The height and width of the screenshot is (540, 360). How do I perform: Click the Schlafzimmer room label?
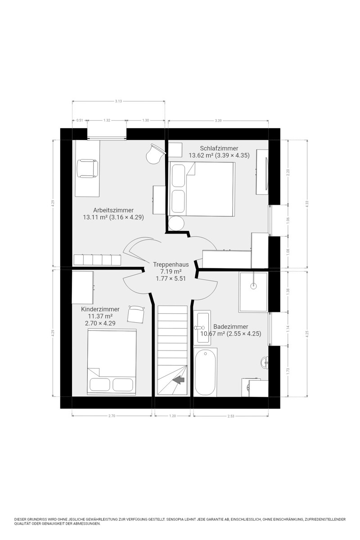[x=219, y=148]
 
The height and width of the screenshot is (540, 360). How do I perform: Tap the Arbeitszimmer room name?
[x=113, y=210]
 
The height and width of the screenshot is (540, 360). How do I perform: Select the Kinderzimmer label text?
[x=100, y=309]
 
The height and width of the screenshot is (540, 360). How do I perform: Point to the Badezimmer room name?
[x=231, y=327]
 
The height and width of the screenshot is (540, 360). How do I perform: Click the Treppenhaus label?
[x=171, y=265]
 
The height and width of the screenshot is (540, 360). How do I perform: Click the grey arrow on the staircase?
[x=179, y=380]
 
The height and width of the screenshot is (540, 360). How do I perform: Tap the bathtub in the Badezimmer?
[x=205, y=373]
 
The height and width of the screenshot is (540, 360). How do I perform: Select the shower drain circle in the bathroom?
[x=253, y=286]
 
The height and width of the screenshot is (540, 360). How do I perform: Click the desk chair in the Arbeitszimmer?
[x=87, y=168]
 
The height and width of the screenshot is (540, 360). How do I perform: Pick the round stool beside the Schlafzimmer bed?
[x=176, y=224]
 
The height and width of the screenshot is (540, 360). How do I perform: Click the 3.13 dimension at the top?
[x=118, y=101]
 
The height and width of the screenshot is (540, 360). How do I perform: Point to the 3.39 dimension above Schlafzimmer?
[x=218, y=121]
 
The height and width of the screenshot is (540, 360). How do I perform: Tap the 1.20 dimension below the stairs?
[x=173, y=416]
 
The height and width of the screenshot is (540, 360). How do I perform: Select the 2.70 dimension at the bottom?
[x=112, y=416]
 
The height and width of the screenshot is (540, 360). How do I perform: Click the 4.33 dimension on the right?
[x=307, y=204]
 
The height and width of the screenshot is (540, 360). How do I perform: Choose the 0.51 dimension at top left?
[x=80, y=121]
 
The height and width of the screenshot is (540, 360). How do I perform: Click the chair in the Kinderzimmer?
[x=136, y=314]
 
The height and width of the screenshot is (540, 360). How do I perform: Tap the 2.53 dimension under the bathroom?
[x=231, y=416]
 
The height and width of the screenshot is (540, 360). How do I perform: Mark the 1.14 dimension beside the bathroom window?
[x=288, y=328]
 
